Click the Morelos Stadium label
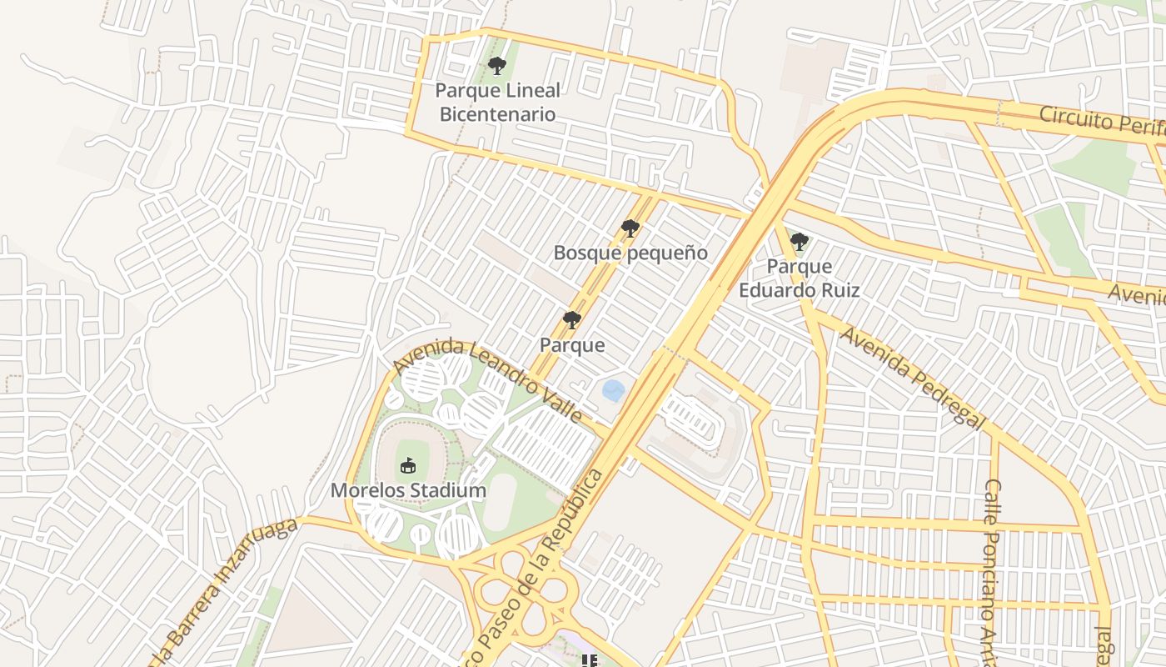(x=408, y=490)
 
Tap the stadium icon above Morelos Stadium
(x=408, y=466)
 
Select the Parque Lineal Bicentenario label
(x=497, y=102)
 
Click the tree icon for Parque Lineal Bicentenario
(x=497, y=66)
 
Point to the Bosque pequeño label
(x=630, y=253)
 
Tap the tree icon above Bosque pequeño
(x=630, y=228)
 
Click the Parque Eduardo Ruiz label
(x=799, y=278)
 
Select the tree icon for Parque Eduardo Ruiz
(x=799, y=243)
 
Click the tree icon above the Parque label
(x=571, y=320)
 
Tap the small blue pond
(x=614, y=389)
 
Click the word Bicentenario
(x=497, y=114)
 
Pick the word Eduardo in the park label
(x=775, y=290)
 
